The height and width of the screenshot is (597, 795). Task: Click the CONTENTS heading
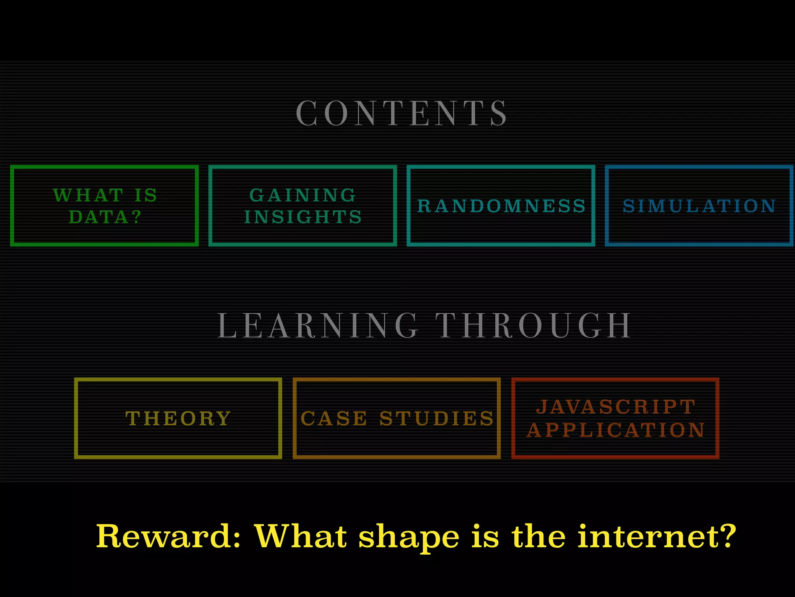point(401,113)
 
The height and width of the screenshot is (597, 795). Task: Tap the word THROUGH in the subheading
point(533,326)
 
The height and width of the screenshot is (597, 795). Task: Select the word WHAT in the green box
point(89,195)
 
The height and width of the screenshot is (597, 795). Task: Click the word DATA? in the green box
point(105,217)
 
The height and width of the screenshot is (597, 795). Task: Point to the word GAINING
point(302,195)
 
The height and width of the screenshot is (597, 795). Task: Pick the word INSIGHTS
point(303,217)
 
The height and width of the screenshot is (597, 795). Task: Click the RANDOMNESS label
point(501,206)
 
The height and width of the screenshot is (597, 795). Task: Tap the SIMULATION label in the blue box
point(699,206)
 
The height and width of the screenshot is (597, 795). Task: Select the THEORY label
point(178,419)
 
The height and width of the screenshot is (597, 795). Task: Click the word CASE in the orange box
point(334,419)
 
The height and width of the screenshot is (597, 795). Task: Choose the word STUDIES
point(436,419)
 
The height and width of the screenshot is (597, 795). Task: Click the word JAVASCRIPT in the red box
point(616,407)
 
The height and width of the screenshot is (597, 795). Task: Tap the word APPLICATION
point(616,430)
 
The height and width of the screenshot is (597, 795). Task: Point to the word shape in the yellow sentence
point(408,537)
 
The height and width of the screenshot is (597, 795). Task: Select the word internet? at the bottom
point(656,536)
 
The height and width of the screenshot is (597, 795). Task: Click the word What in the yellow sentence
point(300,536)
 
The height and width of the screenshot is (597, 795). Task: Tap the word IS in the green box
point(146,195)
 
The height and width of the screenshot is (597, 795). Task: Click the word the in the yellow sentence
point(538,536)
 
